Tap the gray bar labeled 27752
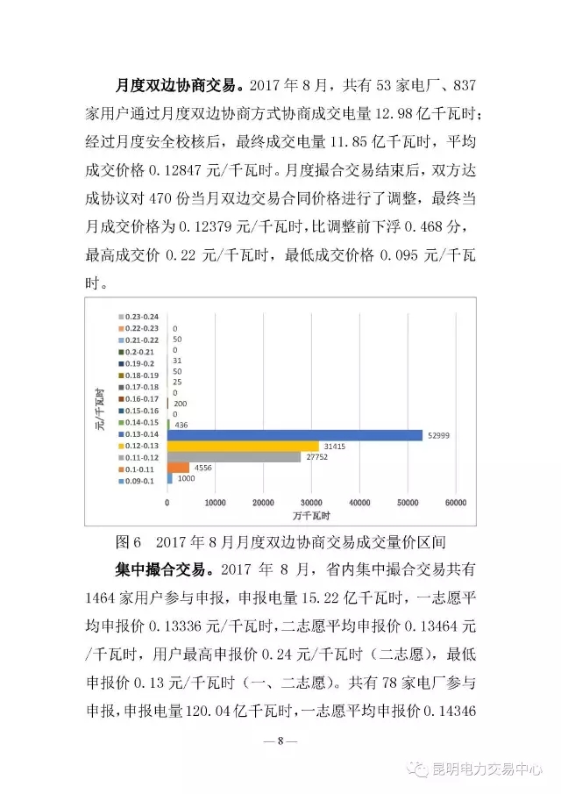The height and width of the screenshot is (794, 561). click(234, 457)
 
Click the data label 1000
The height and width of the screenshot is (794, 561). click(187, 479)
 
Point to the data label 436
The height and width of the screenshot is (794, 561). click(183, 425)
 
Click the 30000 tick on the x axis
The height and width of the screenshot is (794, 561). click(311, 503)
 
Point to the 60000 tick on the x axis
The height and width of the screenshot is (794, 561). click(455, 503)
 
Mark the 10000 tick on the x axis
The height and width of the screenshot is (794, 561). click(215, 503)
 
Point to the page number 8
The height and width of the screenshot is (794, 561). click(280, 740)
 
